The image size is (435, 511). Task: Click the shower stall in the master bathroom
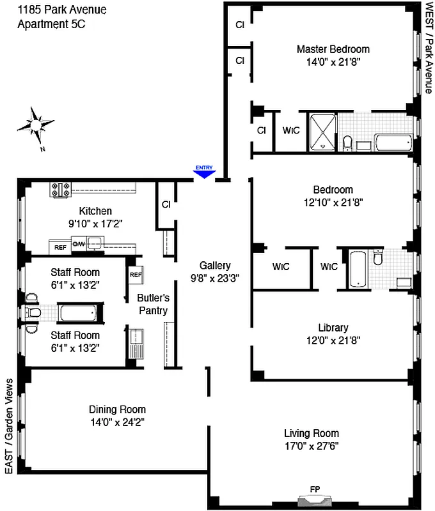[x=322, y=132]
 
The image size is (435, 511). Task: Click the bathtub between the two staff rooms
[x=78, y=313]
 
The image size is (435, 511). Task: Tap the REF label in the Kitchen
[x=60, y=247]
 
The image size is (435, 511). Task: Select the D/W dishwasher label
[x=79, y=244]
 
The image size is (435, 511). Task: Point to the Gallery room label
[x=215, y=266]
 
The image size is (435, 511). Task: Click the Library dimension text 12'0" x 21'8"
[x=333, y=340]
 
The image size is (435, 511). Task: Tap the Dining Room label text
[x=117, y=409]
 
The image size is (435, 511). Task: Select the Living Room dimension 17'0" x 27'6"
[x=312, y=446]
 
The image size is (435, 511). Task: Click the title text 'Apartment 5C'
[x=51, y=24]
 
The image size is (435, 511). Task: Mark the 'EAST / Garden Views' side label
[x=9, y=425]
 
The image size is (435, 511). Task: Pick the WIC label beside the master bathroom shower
[x=292, y=130]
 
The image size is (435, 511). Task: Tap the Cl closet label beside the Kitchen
[x=166, y=205]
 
